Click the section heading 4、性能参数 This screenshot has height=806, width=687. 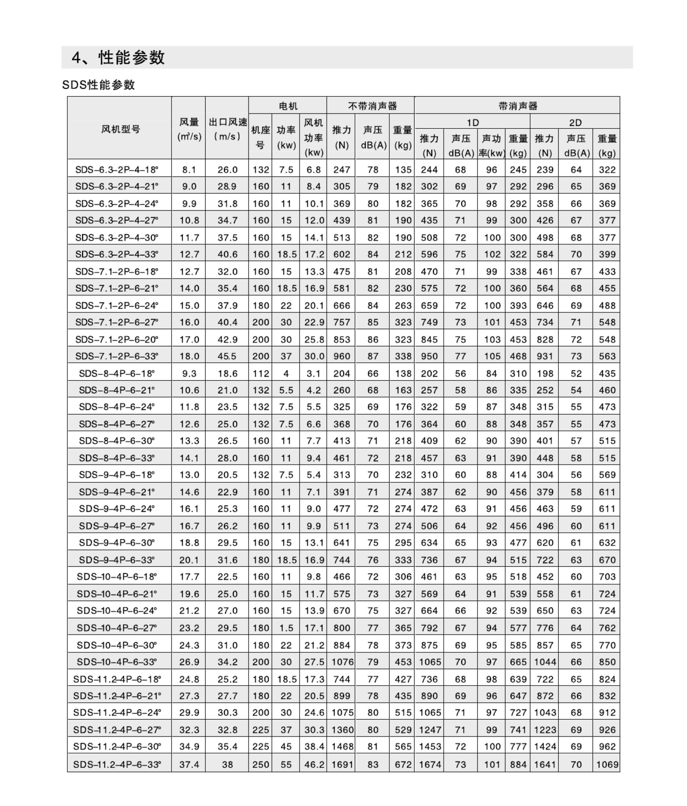(x=118, y=58)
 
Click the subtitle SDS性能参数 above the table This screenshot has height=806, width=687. (x=98, y=85)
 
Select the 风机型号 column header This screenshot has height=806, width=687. (x=120, y=129)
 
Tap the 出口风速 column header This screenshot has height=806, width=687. (x=227, y=129)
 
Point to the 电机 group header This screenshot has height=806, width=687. (x=288, y=106)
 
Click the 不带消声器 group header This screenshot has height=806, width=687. (x=372, y=106)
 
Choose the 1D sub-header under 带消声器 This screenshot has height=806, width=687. (x=473, y=123)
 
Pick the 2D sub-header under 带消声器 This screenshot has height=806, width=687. (x=575, y=123)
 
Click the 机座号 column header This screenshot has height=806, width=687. (x=260, y=137)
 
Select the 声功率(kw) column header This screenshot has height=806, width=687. (x=492, y=146)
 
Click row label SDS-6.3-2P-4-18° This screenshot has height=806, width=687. (x=117, y=170)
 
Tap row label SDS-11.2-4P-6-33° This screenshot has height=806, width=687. (x=117, y=764)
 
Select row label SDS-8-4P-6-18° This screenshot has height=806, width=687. (x=117, y=373)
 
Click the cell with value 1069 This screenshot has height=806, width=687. (x=607, y=764)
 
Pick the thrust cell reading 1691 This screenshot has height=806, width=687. (x=341, y=764)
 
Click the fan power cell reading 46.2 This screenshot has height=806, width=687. (x=314, y=764)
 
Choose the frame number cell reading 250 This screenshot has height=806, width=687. (x=261, y=764)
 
